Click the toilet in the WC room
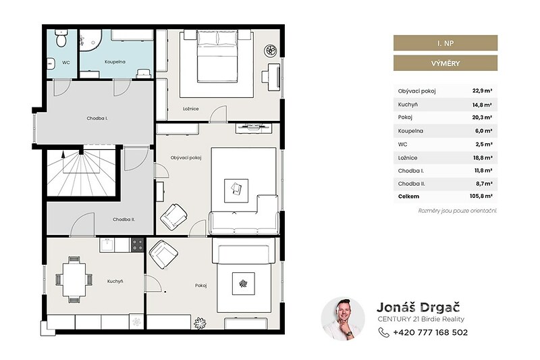pos(61,38)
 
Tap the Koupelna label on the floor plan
pos(115,62)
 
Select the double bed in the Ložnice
pos(217,57)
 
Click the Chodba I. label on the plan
pos(97,118)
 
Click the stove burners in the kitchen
pos(137,245)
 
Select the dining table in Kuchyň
pos(74,280)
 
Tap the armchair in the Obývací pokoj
pos(174,217)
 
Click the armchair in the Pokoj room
pos(163,254)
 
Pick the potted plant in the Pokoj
pos(200,323)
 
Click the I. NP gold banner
pos(446,43)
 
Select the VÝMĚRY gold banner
pos(446,63)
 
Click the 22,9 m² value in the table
pos(482,91)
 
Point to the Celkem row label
pos(408,197)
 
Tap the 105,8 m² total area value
pos(481,197)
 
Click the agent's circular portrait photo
pos(343,319)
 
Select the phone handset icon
pos(383,332)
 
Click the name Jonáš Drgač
pos(418,307)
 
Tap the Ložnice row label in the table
pos(408,158)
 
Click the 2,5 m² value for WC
pos(484,145)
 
